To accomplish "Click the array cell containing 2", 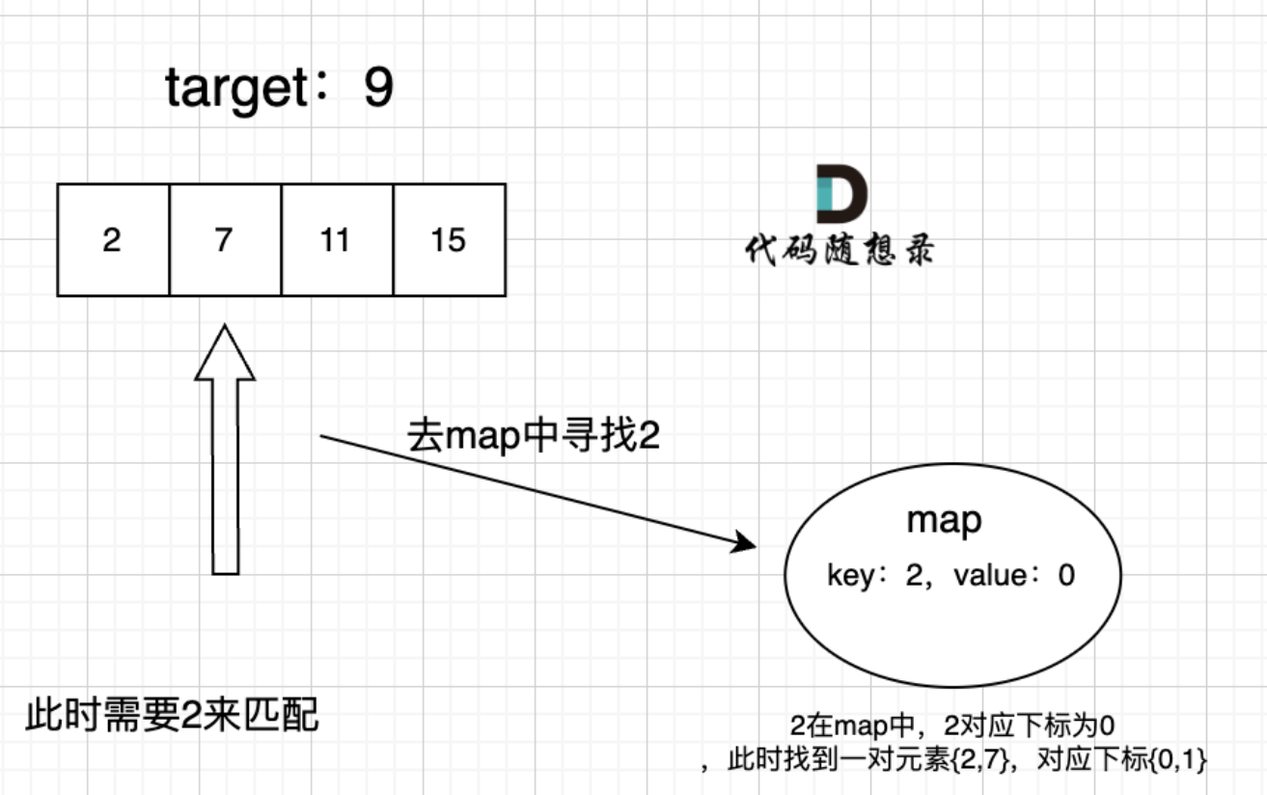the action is point(113,239).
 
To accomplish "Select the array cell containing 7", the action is point(225,239).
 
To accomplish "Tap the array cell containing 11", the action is point(337,239).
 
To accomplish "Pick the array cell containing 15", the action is point(450,239).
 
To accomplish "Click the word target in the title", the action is point(236,89).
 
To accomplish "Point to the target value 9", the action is point(378,88).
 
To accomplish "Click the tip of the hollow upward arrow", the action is point(225,325).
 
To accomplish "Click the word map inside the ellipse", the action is point(944,521).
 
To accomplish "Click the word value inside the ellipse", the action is point(990,576).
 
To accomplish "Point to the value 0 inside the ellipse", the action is point(1066,576).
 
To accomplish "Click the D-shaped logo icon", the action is point(842,194).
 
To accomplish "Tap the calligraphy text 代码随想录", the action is point(840,249).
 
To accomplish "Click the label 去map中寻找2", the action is point(534,436).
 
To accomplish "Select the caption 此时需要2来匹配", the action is point(173,715).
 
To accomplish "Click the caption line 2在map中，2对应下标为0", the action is point(952,726).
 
